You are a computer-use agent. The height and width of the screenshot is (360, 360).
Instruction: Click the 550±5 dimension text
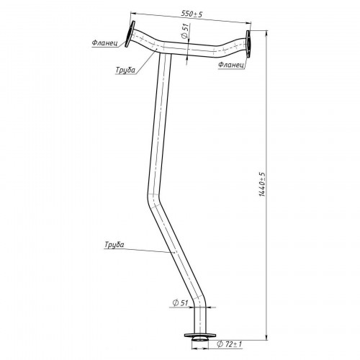pyautogui.click(x=192, y=14)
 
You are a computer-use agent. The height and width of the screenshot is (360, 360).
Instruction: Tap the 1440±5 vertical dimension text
pyautogui.click(x=262, y=184)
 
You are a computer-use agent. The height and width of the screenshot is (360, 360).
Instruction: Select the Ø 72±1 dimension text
pyautogui.click(x=230, y=344)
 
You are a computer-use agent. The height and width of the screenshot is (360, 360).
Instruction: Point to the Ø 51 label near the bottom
pyautogui.click(x=180, y=303)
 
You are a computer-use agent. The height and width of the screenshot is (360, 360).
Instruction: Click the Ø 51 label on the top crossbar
pyautogui.click(x=184, y=31)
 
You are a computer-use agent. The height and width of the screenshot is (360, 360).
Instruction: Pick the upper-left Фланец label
pyautogui.click(x=104, y=43)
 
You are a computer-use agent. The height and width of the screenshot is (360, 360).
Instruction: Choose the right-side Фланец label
pyautogui.click(x=231, y=65)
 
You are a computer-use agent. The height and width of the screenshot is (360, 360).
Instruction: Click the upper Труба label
pyautogui.click(x=125, y=70)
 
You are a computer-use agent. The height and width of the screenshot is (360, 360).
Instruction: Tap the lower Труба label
pyautogui.click(x=114, y=245)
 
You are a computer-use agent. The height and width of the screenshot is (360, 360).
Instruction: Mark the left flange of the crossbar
pyautogui.click(x=130, y=34)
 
